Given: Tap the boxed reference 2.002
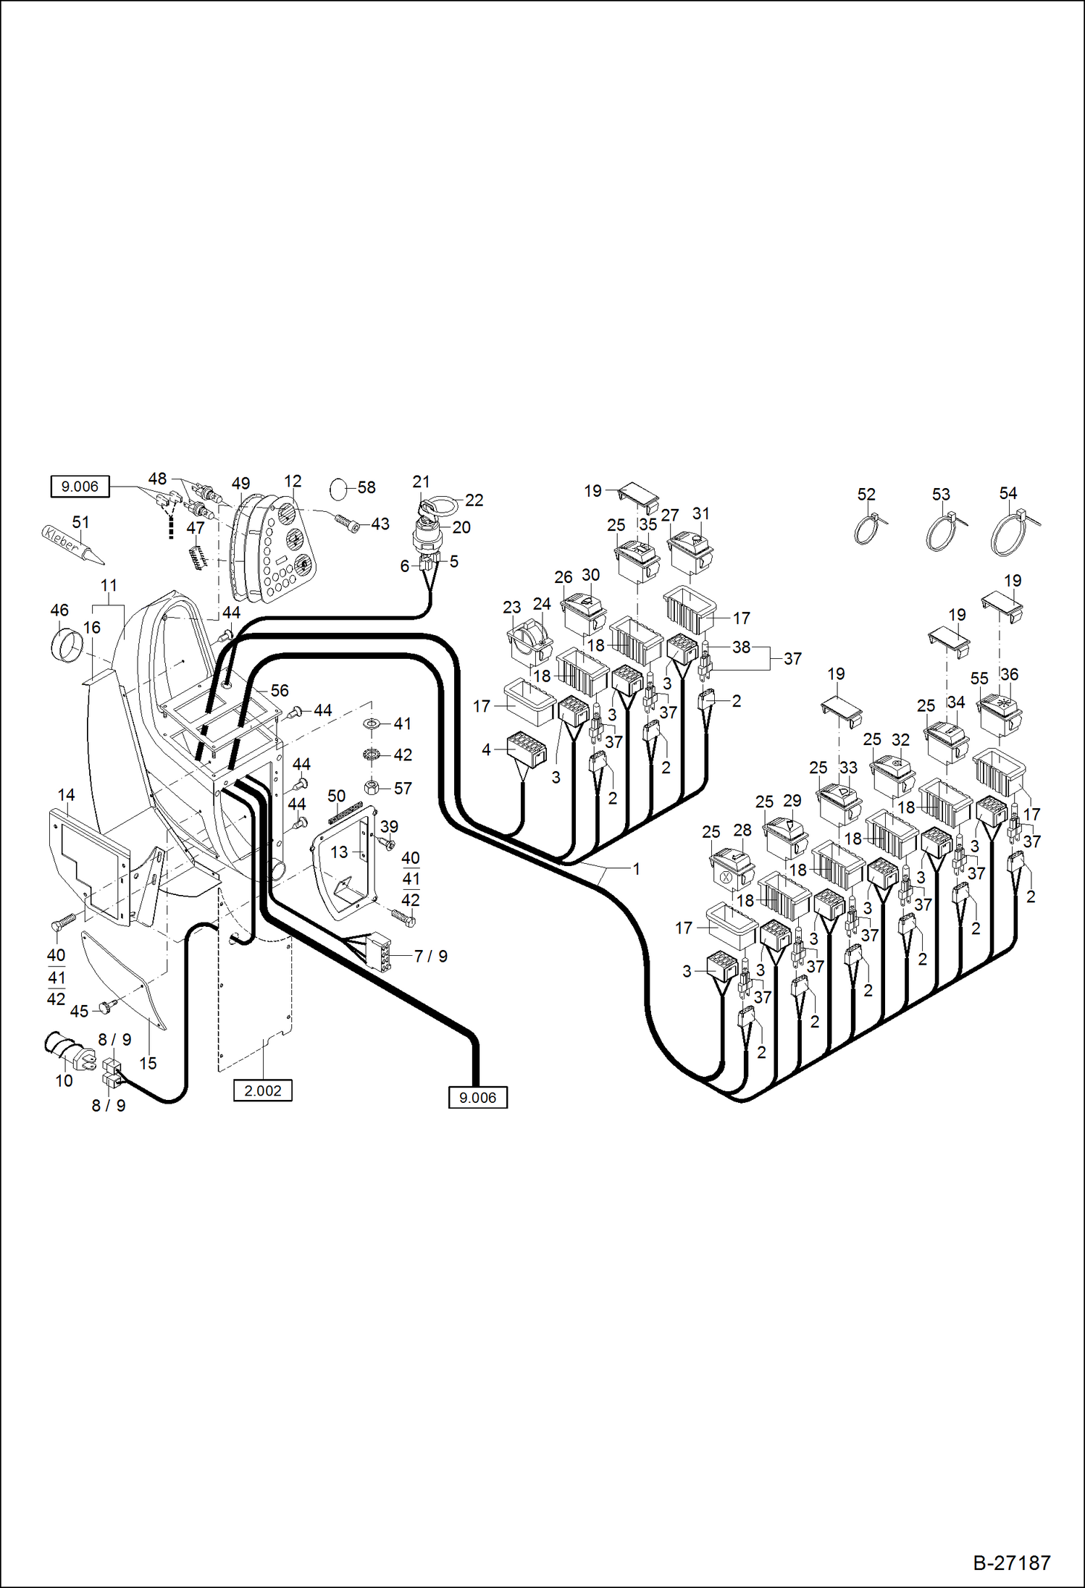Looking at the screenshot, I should coord(262,1091).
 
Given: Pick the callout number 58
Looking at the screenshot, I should coord(366,487).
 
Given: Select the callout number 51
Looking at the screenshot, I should coord(80,522).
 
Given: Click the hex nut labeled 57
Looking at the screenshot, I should coord(370,787).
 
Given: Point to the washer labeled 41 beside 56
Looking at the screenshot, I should coord(372,723).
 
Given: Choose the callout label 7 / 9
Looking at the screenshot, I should coord(431,956).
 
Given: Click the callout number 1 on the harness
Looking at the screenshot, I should coord(636,868).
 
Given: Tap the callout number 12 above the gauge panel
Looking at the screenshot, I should coord(293,481).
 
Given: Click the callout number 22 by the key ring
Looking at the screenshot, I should coord(474,500).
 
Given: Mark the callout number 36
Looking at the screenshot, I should coord(1009,674).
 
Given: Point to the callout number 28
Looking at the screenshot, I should coord(742,830).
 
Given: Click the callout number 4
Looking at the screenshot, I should coord(486,750).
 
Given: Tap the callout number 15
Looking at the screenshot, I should coord(148,1063).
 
